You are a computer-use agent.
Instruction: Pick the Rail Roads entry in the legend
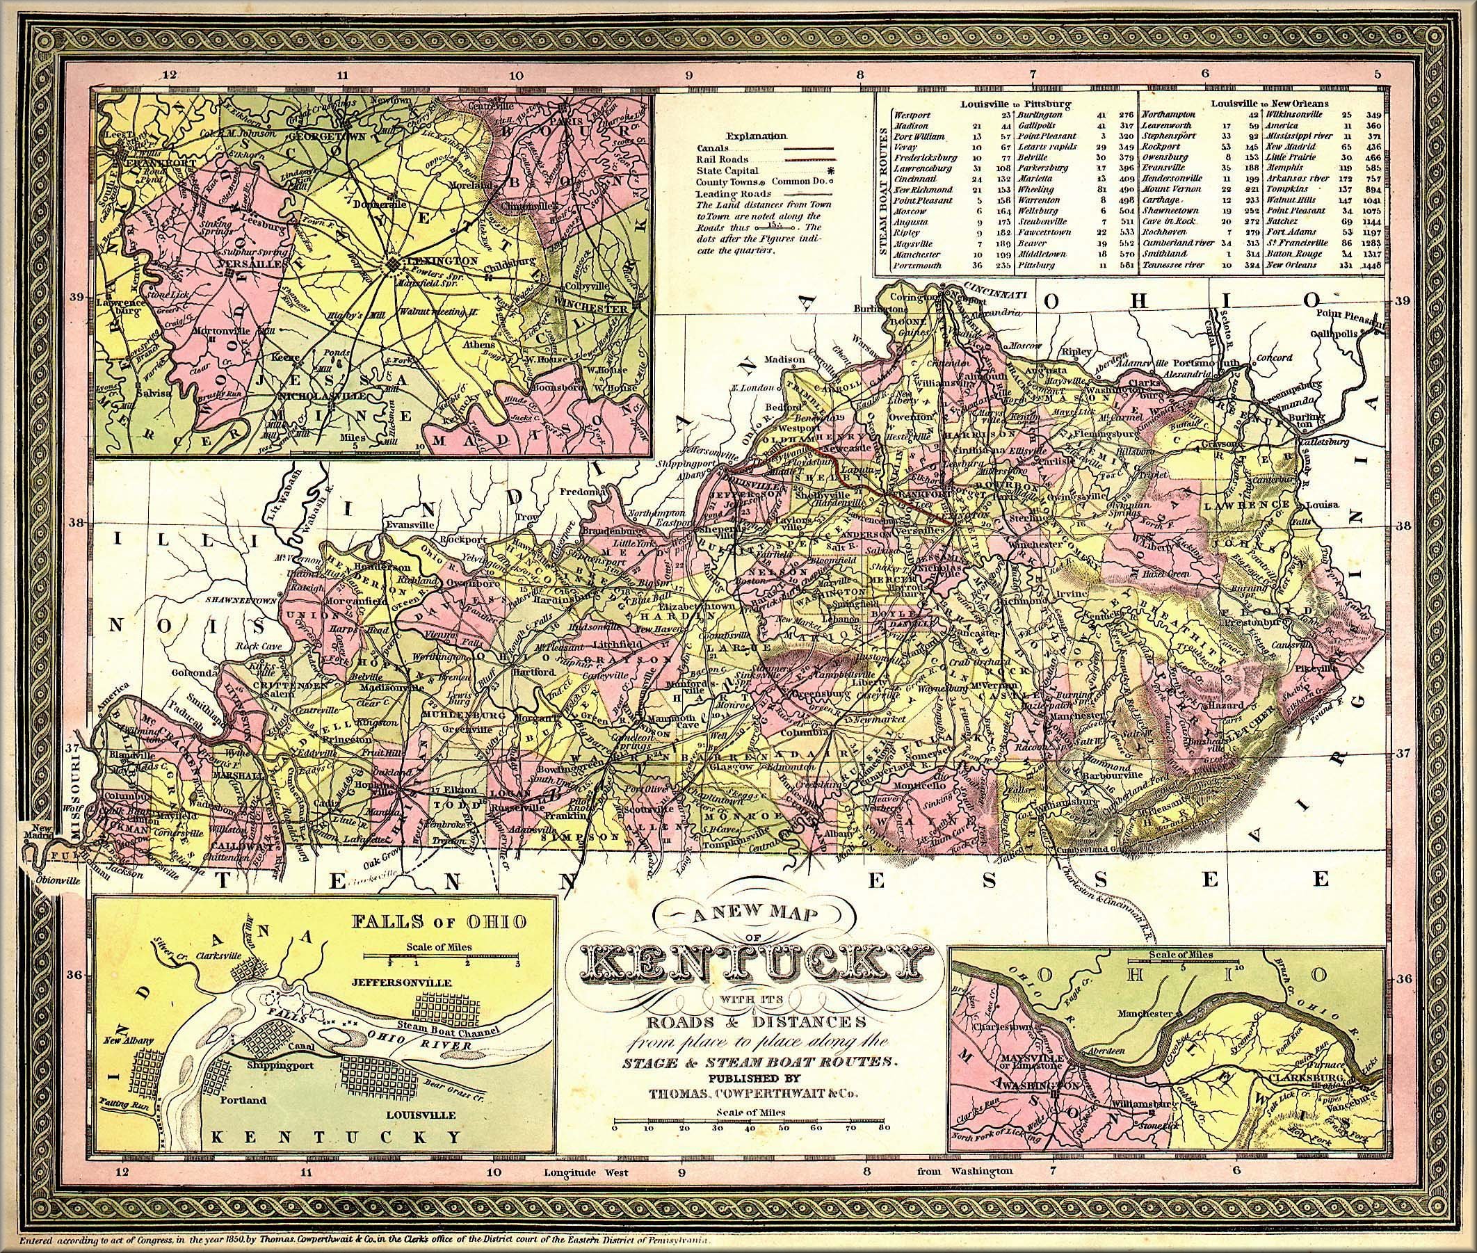(x=719, y=159)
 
